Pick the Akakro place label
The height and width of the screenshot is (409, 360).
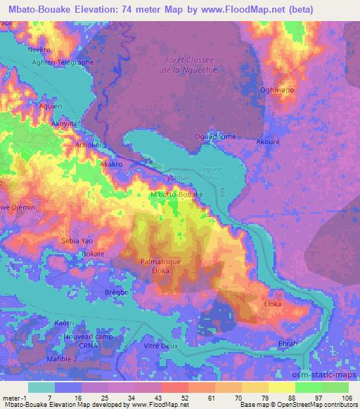[112, 164]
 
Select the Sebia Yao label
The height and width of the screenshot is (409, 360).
[78, 240]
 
